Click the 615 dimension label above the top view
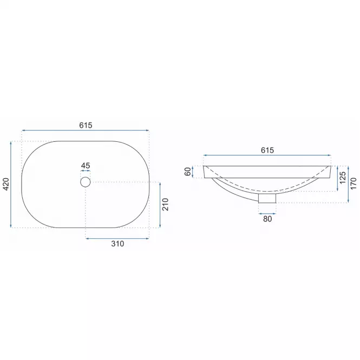pos(86,125)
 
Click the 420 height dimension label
pos(6,184)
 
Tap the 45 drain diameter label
pos(86,166)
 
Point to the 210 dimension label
pos(166,204)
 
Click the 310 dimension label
pos(117,244)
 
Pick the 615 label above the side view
pos(267,150)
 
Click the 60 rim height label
pos(188,172)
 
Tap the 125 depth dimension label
pos(342,178)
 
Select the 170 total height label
pos(354,183)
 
